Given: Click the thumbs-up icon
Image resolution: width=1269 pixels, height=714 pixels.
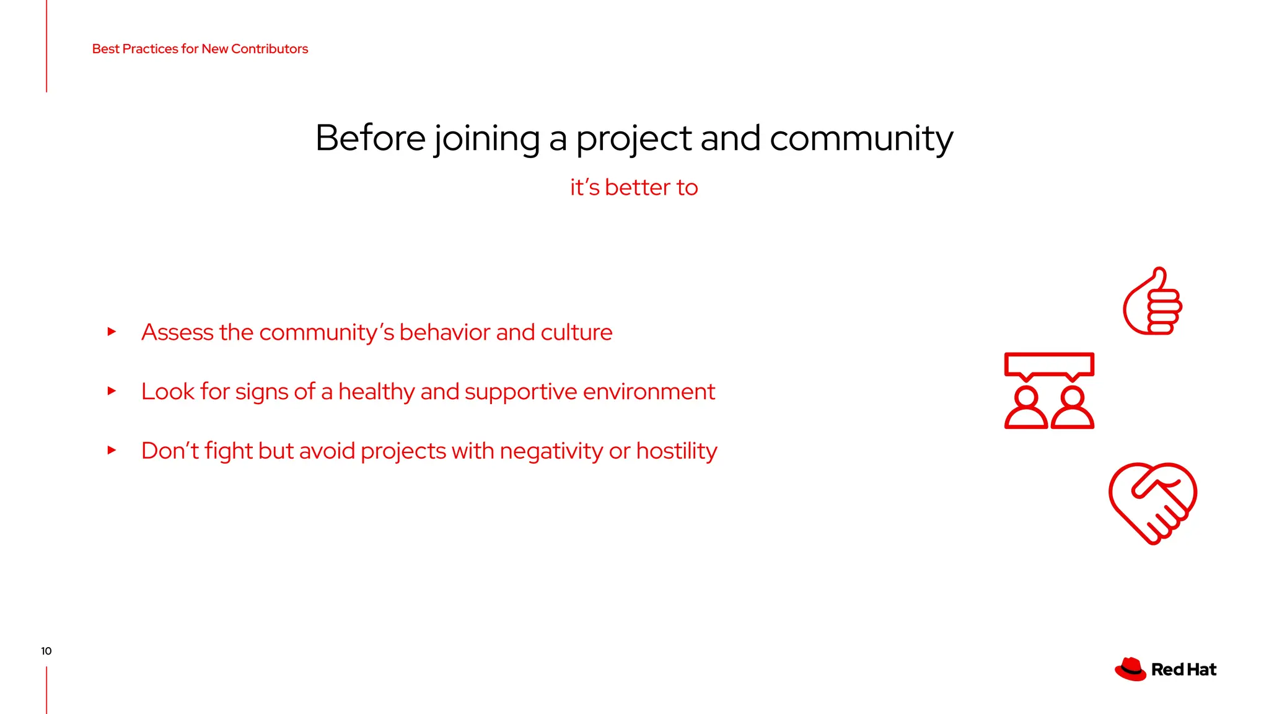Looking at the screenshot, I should [1153, 302].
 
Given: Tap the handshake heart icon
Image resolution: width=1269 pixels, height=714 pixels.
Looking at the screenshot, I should [1153, 503].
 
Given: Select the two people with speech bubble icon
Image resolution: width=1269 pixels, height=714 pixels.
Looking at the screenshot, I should [1049, 390].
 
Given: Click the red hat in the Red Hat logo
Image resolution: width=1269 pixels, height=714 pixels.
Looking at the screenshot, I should [1130, 669].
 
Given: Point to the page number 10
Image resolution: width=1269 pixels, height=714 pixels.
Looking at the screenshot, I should [46, 651].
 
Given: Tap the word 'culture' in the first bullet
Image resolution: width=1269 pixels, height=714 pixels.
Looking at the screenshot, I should [576, 332].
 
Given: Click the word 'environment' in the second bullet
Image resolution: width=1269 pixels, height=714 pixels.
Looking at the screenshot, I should [649, 392].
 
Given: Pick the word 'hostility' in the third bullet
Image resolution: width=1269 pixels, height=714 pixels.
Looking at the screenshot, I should [677, 451].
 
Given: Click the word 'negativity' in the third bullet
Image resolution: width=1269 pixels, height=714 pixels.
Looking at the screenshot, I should [551, 451].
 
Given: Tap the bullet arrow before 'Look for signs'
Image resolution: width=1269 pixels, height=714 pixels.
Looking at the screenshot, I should [112, 391].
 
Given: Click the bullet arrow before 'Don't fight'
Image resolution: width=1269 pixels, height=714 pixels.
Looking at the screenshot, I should [112, 450].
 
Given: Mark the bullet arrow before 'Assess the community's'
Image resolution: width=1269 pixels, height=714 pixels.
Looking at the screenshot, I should [112, 332].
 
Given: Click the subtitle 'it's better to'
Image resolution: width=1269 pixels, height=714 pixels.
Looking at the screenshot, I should [634, 187].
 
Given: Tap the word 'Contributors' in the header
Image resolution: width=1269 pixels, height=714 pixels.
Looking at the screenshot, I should [270, 49].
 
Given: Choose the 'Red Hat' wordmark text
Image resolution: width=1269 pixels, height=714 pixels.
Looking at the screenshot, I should [1183, 669].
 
